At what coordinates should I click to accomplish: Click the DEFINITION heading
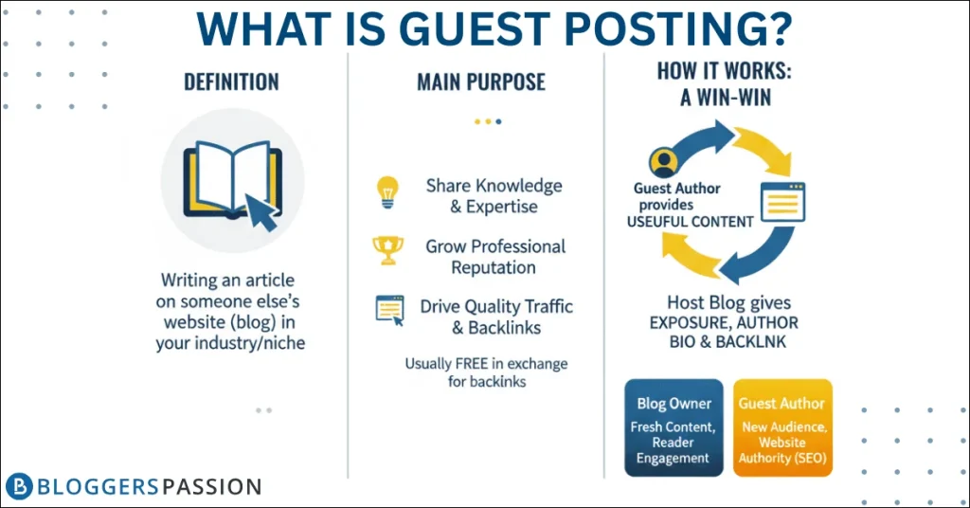[x=231, y=82]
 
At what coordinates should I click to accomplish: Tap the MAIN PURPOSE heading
[x=481, y=82]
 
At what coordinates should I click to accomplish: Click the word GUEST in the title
[x=475, y=28]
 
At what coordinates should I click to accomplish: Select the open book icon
[x=233, y=180]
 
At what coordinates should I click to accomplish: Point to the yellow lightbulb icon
[x=387, y=192]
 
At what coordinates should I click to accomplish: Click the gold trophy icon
[x=387, y=250]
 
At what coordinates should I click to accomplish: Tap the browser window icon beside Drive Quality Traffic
[x=389, y=310]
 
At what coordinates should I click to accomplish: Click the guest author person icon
[x=663, y=162]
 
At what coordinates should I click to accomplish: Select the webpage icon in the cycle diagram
[x=782, y=202]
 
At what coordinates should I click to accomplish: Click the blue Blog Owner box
[x=674, y=427]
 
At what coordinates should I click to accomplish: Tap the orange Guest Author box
[x=782, y=427]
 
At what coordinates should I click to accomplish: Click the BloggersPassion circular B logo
[x=19, y=486]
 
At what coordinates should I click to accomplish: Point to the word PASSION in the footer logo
[x=212, y=487]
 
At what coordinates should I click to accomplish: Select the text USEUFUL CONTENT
[x=691, y=222]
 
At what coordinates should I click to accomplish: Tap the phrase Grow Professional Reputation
[x=494, y=257]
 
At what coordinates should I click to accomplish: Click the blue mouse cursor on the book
[x=261, y=211]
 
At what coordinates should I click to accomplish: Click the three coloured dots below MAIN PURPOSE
[x=488, y=121]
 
